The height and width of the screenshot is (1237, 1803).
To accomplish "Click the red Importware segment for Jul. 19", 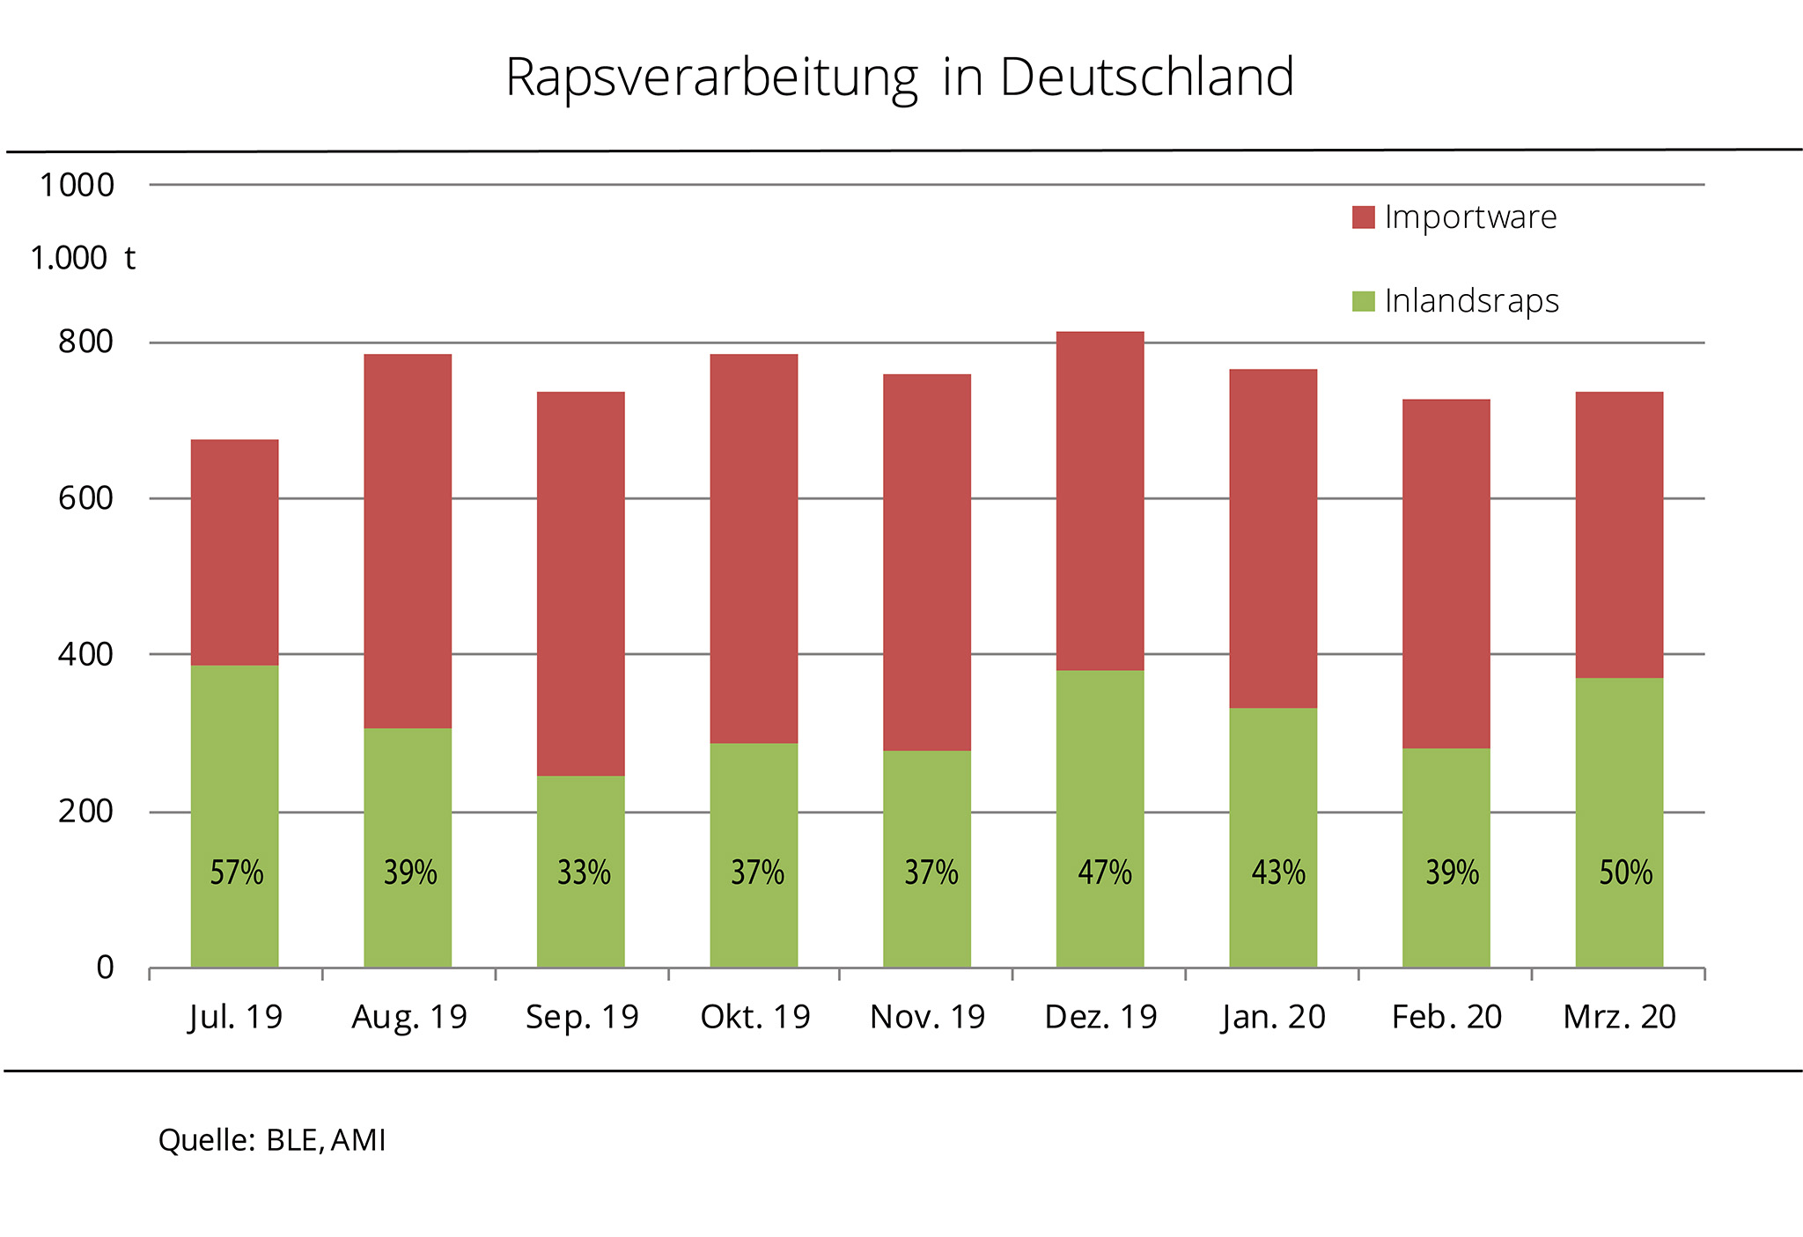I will pyautogui.click(x=235, y=552).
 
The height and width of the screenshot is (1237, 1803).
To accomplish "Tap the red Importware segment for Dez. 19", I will pyautogui.click(x=1100, y=501).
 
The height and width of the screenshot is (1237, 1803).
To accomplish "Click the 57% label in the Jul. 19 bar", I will pyautogui.click(x=237, y=873).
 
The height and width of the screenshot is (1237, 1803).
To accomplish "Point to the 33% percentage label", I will pyautogui.click(x=584, y=873).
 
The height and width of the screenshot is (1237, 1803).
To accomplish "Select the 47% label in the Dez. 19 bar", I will pyautogui.click(x=1105, y=873).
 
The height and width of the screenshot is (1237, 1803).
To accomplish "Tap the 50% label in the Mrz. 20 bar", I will pyautogui.click(x=1626, y=873).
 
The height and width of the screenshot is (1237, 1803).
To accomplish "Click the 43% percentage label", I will pyautogui.click(x=1278, y=873).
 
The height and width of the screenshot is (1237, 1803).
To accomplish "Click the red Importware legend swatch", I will pyautogui.click(x=1364, y=217).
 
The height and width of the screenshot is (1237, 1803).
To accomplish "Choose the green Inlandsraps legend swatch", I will pyautogui.click(x=1364, y=301).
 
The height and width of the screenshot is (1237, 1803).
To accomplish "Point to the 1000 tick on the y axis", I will pyautogui.click(x=77, y=185).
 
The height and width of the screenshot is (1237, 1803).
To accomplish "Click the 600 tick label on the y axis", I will pyautogui.click(x=86, y=498).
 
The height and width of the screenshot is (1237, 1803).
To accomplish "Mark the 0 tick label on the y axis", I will pyautogui.click(x=105, y=968).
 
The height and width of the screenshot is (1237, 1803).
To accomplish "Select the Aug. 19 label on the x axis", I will pyautogui.click(x=409, y=1017).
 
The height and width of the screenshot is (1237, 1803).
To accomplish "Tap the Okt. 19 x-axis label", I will pyautogui.click(x=755, y=1017).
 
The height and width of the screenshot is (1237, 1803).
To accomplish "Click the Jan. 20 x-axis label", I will pyautogui.click(x=1273, y=1017).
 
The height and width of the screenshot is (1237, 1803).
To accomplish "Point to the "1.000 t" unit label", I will pyautogui.click(x=83, y=258).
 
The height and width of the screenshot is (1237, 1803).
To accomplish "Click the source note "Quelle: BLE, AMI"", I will pyautogui.click(x=272, y=1140).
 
